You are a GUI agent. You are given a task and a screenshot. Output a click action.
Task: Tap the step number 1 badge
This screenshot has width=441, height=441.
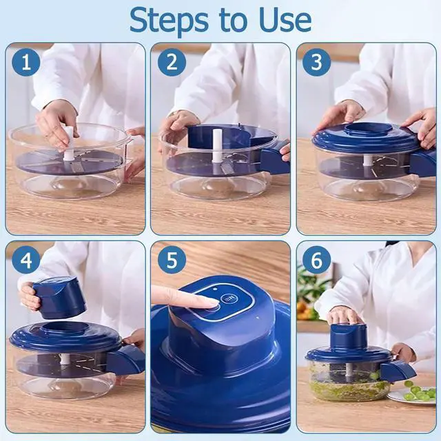point(26,62)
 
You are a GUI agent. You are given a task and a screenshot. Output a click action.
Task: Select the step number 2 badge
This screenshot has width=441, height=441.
point(172,62)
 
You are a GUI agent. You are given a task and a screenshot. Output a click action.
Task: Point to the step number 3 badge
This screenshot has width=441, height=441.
point(316,62)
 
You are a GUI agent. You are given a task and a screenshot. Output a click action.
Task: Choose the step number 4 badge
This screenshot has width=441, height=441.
point(26,260)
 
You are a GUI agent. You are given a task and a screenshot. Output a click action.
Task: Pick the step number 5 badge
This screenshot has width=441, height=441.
point(172,260)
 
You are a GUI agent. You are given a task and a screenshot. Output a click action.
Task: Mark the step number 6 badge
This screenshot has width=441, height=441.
point(316,260)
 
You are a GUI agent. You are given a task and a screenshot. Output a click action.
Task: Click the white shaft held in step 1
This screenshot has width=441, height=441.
point(69,143)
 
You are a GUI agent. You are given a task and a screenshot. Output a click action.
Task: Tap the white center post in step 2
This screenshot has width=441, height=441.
point(217,145)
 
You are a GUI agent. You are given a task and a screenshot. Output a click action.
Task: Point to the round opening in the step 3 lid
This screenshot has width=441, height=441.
point(369,129)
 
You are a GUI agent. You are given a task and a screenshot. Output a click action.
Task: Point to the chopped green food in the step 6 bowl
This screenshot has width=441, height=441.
point(349,387)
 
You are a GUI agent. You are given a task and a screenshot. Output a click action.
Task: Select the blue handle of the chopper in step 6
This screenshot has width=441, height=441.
point(398,371)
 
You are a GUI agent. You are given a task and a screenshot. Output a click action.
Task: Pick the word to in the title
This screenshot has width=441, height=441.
point(234,21)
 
